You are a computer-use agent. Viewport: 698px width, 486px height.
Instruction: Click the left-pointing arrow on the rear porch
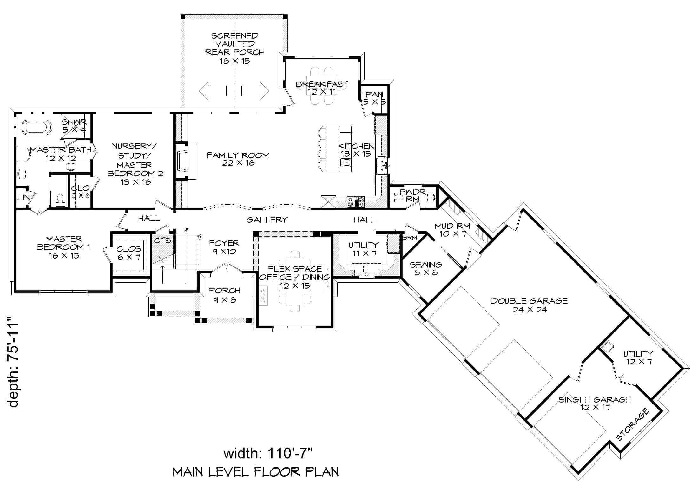tap(213, 91)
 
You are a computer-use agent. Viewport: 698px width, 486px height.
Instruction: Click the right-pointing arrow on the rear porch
tap(255, 91)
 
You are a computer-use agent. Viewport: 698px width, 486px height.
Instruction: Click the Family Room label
tap(238, 159)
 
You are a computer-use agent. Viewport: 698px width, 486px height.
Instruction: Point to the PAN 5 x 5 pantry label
tap(374, 98)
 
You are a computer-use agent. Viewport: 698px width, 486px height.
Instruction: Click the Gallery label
tap(267, 220)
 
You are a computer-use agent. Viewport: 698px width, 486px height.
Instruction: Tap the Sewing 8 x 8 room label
tap(426, 268)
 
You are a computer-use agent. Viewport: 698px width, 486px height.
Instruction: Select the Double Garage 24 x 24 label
tap(529, 305)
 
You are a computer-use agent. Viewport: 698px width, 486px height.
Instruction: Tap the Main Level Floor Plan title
tap(256, 472)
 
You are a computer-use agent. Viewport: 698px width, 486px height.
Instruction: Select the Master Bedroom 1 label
tap(64, 247)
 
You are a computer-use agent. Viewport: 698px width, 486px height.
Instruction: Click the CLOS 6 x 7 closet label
tap(128, 253)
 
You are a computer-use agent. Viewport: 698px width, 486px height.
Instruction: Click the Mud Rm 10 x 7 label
tap(452, 230)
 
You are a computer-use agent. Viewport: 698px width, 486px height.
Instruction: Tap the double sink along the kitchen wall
tap(381, 166)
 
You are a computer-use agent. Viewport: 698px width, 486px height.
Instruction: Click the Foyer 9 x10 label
tap(224, 247)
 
